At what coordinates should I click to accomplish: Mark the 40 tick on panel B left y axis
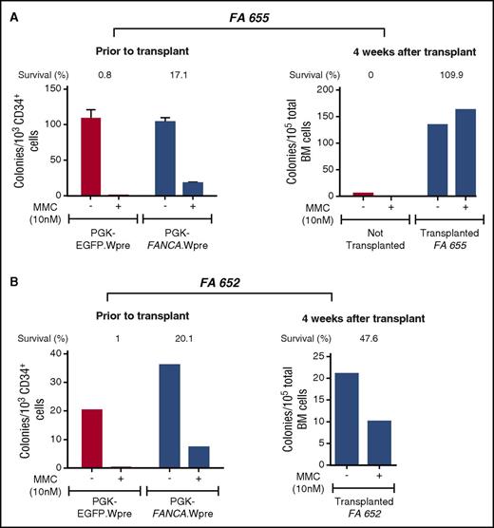point(61,352)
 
